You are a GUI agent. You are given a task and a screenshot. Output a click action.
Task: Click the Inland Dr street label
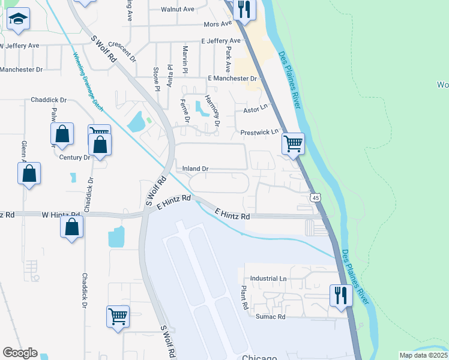point(196,169)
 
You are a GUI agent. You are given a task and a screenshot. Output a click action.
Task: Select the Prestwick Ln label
point(260,132)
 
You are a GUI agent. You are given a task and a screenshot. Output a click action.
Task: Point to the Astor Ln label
point(254,110)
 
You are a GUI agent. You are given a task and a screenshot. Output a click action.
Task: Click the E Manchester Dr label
point(232,79)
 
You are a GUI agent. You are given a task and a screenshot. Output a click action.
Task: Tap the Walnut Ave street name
point(178,9)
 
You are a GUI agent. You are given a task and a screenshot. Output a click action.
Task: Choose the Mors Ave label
point(217,24)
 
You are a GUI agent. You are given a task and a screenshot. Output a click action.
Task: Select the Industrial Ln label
point(268,278)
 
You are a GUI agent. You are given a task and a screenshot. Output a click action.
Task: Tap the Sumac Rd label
point(270,316)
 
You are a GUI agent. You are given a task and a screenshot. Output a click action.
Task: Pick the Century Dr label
point(74,157)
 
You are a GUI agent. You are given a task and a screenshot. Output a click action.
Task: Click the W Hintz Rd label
point(61,214)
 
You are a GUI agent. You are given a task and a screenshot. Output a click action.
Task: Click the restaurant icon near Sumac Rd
point(340,295)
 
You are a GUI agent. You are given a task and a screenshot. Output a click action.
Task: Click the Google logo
point(20,353)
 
